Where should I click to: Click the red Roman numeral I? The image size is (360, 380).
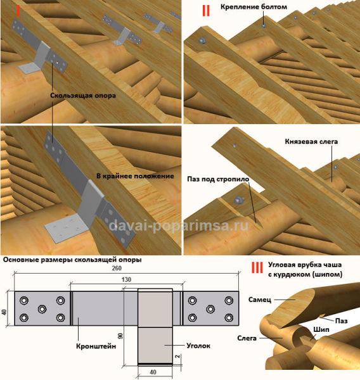click(x=18, y=11)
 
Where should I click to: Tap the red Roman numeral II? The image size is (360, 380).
click(x=206, y=11)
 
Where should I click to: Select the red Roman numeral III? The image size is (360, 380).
click(x=257, y=267)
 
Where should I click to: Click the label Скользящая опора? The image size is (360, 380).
click(x=83, y=96)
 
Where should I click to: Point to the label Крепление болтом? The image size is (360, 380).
click(x=254, y=7)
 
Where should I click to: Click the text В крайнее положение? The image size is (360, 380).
click(x=135, y=176)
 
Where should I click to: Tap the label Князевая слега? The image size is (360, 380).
click(x=311, y=141)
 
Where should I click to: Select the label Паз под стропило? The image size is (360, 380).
click(x=218, y=179)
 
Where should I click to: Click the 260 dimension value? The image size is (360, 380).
click(x=117, y=269)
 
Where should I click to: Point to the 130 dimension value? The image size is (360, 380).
click(x=126, y=280)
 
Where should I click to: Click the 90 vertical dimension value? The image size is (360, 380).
click(x=120, y=336)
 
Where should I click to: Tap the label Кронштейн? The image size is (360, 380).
click(x=96, y=346)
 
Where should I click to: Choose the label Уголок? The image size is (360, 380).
click(x=198, y=346)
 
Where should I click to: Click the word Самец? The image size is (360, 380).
click(x=260, y=300)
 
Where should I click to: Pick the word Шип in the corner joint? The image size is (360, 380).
click(x=321, y=329)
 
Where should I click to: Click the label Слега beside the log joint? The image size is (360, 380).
click(x=247, y=338)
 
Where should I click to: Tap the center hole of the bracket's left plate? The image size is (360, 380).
click(x=42, y=309)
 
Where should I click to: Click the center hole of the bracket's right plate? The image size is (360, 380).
click(x=210, y=309)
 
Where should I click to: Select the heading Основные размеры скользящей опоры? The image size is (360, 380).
click(x=72, y=260)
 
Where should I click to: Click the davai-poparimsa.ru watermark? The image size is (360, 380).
click(x=178, y=225)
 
